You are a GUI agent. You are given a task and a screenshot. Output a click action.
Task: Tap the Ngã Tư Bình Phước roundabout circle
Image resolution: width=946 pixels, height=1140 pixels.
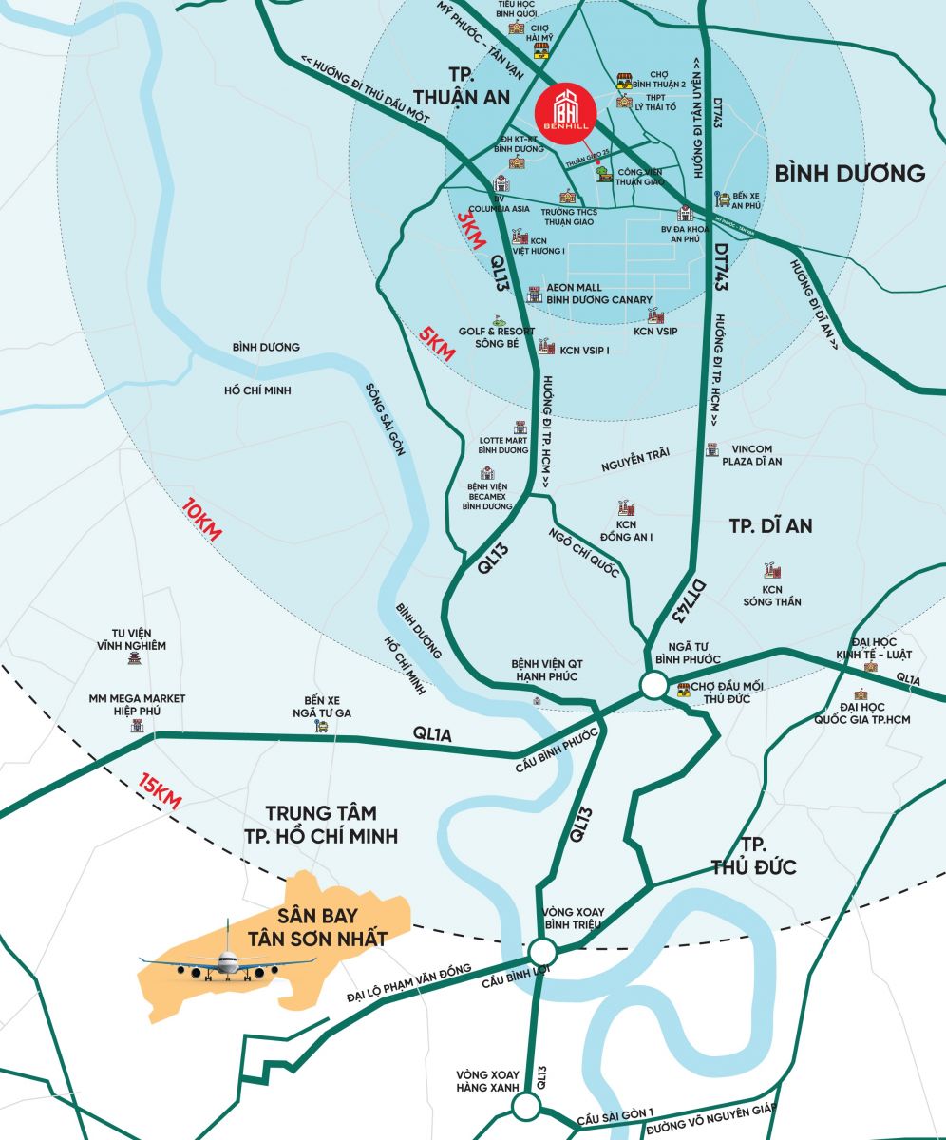(x=653, y=685)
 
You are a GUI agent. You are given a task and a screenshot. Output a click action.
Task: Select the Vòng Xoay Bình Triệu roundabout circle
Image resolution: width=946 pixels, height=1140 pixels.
(x=542, y=952)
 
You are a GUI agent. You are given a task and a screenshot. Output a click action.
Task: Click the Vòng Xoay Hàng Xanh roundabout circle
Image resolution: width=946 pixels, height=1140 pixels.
(x=525, y=1106)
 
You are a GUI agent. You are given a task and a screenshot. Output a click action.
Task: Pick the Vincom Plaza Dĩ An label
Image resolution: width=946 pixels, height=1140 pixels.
(x=756, y=455)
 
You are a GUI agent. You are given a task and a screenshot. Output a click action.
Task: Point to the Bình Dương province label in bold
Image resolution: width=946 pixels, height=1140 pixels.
(x=849, y=173)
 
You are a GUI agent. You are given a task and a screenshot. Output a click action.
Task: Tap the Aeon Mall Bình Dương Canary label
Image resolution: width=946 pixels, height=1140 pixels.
(x=599, y=294)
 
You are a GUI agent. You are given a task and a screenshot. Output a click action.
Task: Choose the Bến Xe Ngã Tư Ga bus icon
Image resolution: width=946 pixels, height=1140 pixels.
(x=322, y=727)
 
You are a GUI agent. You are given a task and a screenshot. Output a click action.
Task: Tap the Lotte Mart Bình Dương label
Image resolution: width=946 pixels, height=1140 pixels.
(x=502, y=445)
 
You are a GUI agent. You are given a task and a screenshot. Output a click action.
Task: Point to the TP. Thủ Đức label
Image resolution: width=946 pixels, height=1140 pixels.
(x=753, y=856)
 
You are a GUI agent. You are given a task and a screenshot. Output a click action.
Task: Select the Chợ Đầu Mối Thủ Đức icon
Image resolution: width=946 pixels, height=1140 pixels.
(x=684, y=691)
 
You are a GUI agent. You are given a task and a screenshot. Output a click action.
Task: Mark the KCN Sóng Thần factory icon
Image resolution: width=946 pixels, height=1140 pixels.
(x=770, y=571)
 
